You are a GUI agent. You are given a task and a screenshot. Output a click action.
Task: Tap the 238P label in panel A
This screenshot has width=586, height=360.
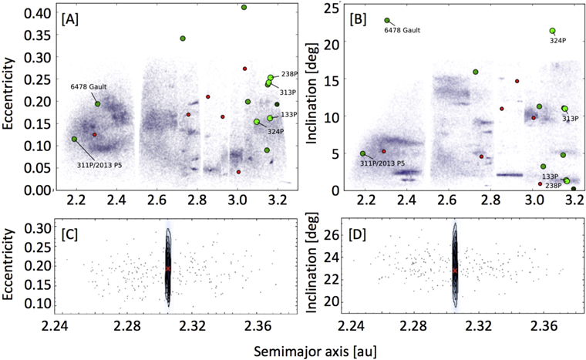pyautogui.click(x=289, y=75)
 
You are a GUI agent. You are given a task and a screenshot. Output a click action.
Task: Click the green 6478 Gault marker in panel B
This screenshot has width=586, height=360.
pyautogui.click(x=387, y=21)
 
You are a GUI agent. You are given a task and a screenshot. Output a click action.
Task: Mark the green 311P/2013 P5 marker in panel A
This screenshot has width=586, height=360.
pyautogui.click(x=74, y=140)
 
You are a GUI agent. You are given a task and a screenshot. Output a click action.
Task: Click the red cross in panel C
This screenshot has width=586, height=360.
pyautogui.click(x=167, y=268)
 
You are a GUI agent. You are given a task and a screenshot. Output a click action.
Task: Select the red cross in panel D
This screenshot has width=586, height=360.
pyautogui.click(x=455, y=271)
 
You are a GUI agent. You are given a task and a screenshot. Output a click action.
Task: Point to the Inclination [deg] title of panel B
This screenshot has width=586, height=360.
pyautogui.click(x=317, y=98)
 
